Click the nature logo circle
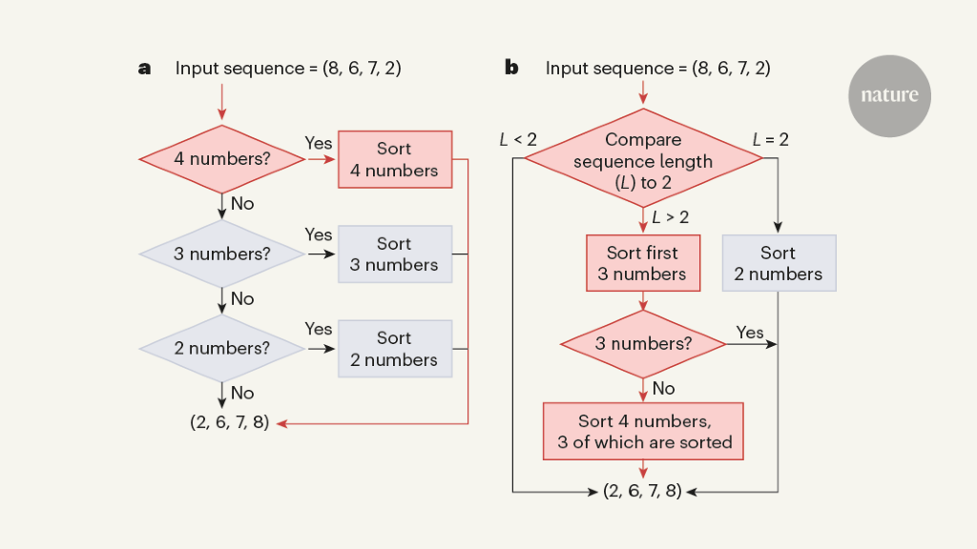(x=889, y=95)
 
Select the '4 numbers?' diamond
(x=221, y=159)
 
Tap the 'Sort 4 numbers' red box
(x=394, y=159)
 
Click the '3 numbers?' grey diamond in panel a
(x=221, y=254)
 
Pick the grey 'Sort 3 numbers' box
(x=394, y=254)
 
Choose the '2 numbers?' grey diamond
(x=221, y=348)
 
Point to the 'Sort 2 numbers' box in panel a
(x=394, y=348)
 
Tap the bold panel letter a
(x=145, y=69)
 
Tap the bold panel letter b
(x=511, y=69)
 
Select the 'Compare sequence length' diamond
(x=644, y=160)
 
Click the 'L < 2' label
(x=518, y=140)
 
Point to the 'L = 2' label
(x=771, y=140)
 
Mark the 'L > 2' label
(x=671, y=217)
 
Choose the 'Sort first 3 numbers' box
(x=643, y=263)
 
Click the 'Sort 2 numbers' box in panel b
(x=779, y=263)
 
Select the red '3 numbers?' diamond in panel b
(x=643, y=343)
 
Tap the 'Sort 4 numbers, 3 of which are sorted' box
(x=644, y=431)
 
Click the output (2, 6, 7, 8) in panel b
(x=642, y=492)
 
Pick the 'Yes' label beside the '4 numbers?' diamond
(x=319, y=143)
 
